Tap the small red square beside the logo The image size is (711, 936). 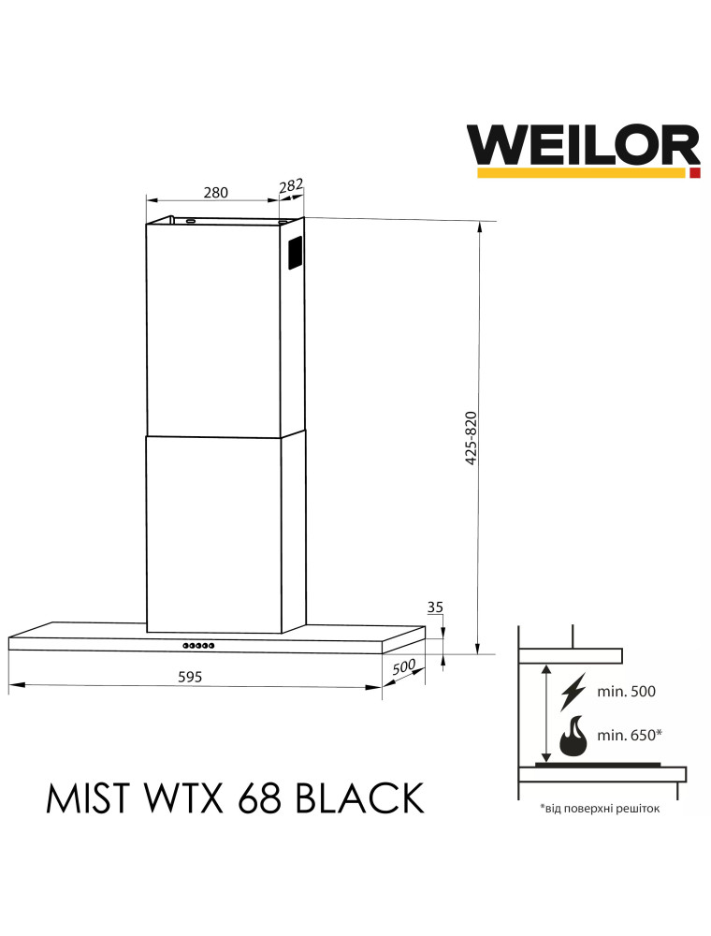pyautogui.click(x=695, y=173)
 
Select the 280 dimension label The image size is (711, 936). pyautogui.click(x=215, y=192)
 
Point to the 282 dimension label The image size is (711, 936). pyautogui.click(x=291, y=185)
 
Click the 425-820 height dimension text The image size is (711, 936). pyautogui.click(x=471, y=438)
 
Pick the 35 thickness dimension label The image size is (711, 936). pyautogui.click(x=435, y=607)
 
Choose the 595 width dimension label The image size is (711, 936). pyautogui.click(x=190, y=677)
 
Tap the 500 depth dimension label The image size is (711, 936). pyautogui.click(x=404, y=666)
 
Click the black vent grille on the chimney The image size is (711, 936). pyautogui.click(x=296, y=252)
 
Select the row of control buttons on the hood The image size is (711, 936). pyautogui.click(x=198, y=645)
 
